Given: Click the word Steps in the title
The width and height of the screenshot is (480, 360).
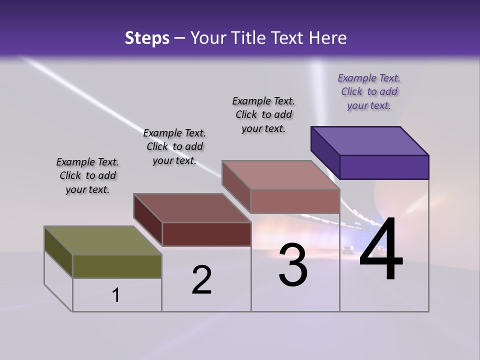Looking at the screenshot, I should coord(147,38).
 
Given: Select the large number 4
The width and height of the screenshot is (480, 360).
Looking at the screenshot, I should coord(381,249).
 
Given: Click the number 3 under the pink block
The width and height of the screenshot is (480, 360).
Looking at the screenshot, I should coord(293,265).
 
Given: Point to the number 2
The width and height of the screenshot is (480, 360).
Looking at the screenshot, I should coord(201,280).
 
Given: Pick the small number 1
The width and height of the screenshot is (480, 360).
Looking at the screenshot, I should coord(116,295).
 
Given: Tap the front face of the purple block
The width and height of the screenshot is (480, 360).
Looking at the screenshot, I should coord(384,167).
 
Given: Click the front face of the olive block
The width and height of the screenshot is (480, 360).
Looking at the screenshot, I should coord(117,266).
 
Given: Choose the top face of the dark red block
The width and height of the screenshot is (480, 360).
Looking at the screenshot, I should coord(192,208).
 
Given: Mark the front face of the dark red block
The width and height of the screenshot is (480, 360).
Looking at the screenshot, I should coord(206,234).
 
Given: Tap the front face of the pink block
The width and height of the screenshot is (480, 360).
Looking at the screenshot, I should coord(295,201).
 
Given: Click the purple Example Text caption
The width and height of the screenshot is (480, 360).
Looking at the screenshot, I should coord(369,91).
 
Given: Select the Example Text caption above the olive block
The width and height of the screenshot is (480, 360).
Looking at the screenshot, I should coord(87,175).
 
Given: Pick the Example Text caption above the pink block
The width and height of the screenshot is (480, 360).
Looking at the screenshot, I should coord(263,114).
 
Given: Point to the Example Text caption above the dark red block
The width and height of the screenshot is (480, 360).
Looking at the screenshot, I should coord(174,146).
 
